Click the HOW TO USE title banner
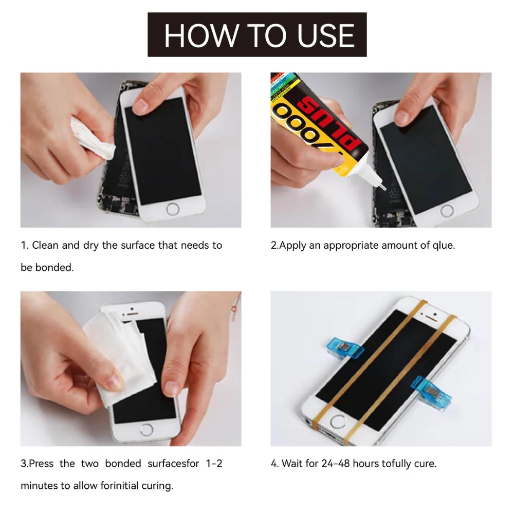(x=257, y=34)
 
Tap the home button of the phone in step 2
(x=447, y=210)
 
